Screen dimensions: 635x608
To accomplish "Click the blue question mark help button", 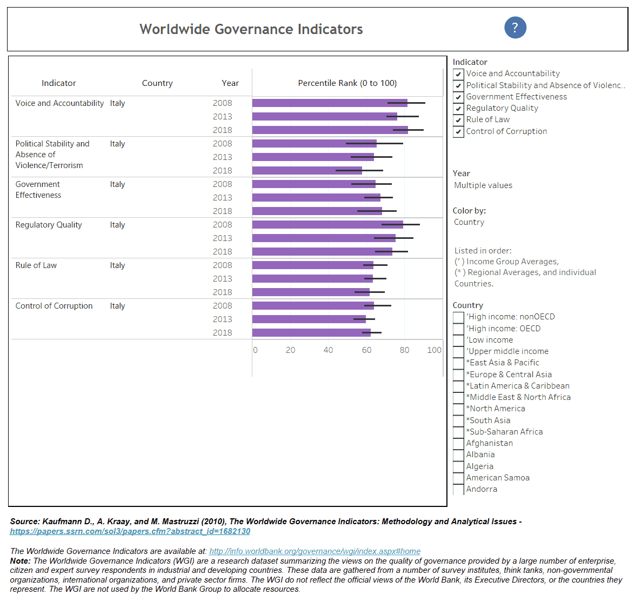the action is pyautogui.click(x=515, y=28).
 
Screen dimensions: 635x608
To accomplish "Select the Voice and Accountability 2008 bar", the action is pyautogui.click(x=330, y=103).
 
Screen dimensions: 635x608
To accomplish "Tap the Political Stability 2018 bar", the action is pyautogui.click(x=307, y=171).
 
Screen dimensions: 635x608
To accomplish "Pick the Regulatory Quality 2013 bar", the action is pyautogui.click(x=324, y=238).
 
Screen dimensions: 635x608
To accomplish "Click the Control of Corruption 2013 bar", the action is pyautogui.click(x=309, y=319).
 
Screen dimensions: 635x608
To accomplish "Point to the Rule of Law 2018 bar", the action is pyautogui.click(x=311, y=292).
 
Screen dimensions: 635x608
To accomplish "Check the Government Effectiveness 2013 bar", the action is pyautogui.click(x=316, y=198).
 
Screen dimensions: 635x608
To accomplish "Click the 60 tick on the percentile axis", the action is pyautogui.click(x=366, y=350).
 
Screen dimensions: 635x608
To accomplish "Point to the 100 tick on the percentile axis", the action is pyautogui.click(x=434, y=350).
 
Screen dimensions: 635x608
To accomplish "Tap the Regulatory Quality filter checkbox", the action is pyautogui.click(x=458, y=109).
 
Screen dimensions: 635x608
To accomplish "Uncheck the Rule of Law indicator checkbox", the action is pyautogui.click(x=458, y=120).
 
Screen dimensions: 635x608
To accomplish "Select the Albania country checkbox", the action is pyautogui.click(x=458, y=455).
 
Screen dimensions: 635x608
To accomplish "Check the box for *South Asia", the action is pyautogui.click(x=458, y=421).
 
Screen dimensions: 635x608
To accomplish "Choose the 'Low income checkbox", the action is pyautogui.click(x=458, y=340).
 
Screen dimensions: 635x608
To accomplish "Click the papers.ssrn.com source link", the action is pyautogui.click(x=130, y=531).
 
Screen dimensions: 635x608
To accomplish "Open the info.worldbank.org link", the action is pyautogui.click(x=315, y=551).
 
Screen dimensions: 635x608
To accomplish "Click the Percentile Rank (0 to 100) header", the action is pyautogui.click(x=347, y=83).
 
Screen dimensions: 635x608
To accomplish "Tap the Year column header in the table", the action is pyautogui.click(x=230, y=83).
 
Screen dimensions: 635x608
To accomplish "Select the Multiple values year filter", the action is pyautogui.click(x=483, y=185).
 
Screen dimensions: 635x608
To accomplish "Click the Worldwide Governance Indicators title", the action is pyautogui.click(x=251, y=29).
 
